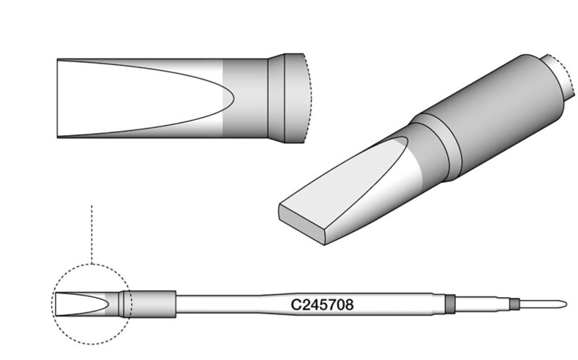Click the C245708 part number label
coord(322,304)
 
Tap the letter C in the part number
coord(296,304)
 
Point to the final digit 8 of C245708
coord(349,304)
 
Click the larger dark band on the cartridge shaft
coord(450,304)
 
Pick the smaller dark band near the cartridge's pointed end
coord(514,304)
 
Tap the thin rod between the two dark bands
coord(483,304)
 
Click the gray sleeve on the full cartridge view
coord(153,304)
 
